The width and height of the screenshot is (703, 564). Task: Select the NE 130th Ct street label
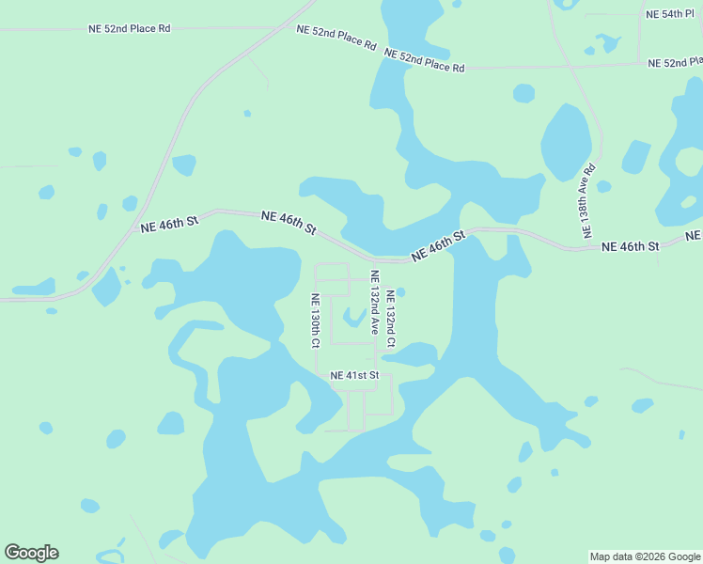[x=317, y=321]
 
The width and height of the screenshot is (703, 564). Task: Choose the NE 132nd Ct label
[x=390, y=317]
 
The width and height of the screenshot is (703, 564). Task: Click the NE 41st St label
[x=354, y=376]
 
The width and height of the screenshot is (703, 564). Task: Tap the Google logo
[x=31, y=553]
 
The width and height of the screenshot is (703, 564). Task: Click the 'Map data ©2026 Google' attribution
[x=645, y=556]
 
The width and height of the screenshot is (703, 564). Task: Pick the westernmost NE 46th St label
[x=170, y=224]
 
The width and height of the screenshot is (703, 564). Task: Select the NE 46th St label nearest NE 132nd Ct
[x=439, y=246]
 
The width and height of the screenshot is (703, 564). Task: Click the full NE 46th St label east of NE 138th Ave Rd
[x=630, y=246]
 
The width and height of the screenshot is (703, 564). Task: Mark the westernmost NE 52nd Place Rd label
[x=130, y=28]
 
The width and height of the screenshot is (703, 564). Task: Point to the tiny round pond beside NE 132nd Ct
[x=401, y=291]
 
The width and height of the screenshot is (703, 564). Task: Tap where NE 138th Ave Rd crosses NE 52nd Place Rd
[x=570, y=66]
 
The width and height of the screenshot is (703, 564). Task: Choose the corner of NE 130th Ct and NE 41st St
[x=317, y=375]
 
